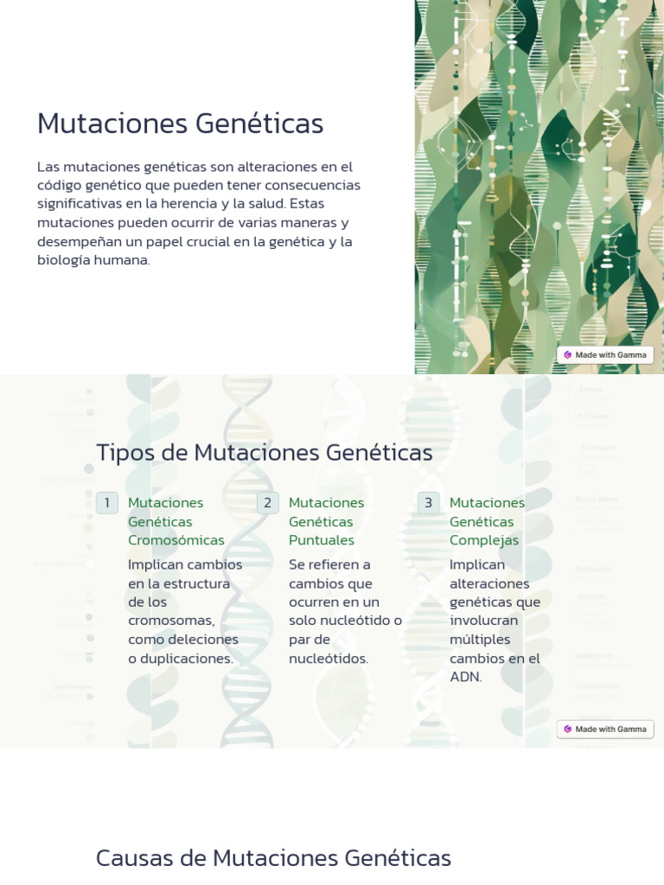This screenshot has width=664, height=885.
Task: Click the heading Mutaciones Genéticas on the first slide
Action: click(x=180, y=124)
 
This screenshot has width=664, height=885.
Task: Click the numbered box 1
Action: click(x=107, y=503)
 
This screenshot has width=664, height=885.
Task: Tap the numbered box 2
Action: click(x=268, y=503)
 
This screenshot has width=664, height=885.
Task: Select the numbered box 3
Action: click(x=429, y=503)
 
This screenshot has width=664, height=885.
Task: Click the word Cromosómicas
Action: click(x=176, y=540)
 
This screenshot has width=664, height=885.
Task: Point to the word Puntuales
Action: click(x=322, y=540)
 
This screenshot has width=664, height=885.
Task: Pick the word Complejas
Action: click(x=484, y=540)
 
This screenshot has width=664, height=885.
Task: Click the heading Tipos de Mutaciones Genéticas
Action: click(x=265, y=453)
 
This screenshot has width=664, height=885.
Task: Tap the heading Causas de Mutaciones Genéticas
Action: click(x=273, y=858)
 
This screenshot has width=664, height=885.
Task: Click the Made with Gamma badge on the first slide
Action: click(x=605, y=355)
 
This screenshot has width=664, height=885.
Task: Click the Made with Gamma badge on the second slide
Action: click(x=605, y=729)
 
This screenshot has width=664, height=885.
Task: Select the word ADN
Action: click(x=465, y=677)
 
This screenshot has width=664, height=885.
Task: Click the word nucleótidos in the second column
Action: click(x=329, y=659)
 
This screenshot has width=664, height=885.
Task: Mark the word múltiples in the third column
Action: click(x=480, y=640)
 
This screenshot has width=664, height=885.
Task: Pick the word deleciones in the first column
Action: click(x=205, y=640)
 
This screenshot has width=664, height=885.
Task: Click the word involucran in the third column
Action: click(x=484, y=621)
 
